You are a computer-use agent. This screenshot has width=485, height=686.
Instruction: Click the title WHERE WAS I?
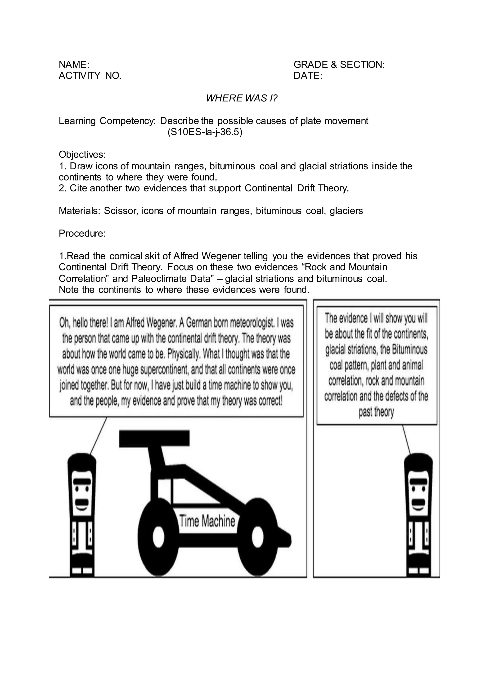242,98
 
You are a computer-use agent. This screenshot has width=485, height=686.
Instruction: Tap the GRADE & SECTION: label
339,64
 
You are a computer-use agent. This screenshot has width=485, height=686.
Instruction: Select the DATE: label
308,76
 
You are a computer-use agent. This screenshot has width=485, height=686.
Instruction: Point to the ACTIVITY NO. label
90,76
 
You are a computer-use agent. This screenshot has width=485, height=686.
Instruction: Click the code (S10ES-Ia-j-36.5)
205,132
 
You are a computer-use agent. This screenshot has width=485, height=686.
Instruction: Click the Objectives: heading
82,154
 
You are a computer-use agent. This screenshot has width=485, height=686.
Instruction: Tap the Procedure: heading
82,233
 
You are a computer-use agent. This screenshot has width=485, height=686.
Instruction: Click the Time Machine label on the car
207,521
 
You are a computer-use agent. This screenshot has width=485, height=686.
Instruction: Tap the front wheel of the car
257,538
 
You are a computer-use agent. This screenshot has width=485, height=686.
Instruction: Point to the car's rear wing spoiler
154,439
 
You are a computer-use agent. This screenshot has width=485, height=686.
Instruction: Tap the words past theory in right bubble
376,412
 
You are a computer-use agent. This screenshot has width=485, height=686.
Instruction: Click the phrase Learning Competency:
107,121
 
